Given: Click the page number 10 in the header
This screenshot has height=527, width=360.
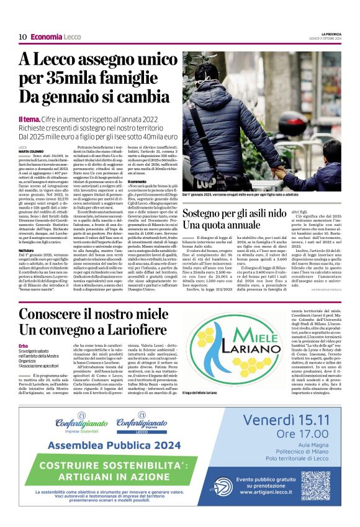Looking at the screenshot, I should [x=22, y=37].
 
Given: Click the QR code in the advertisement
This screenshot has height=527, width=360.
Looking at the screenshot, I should [x=315, y=485].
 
